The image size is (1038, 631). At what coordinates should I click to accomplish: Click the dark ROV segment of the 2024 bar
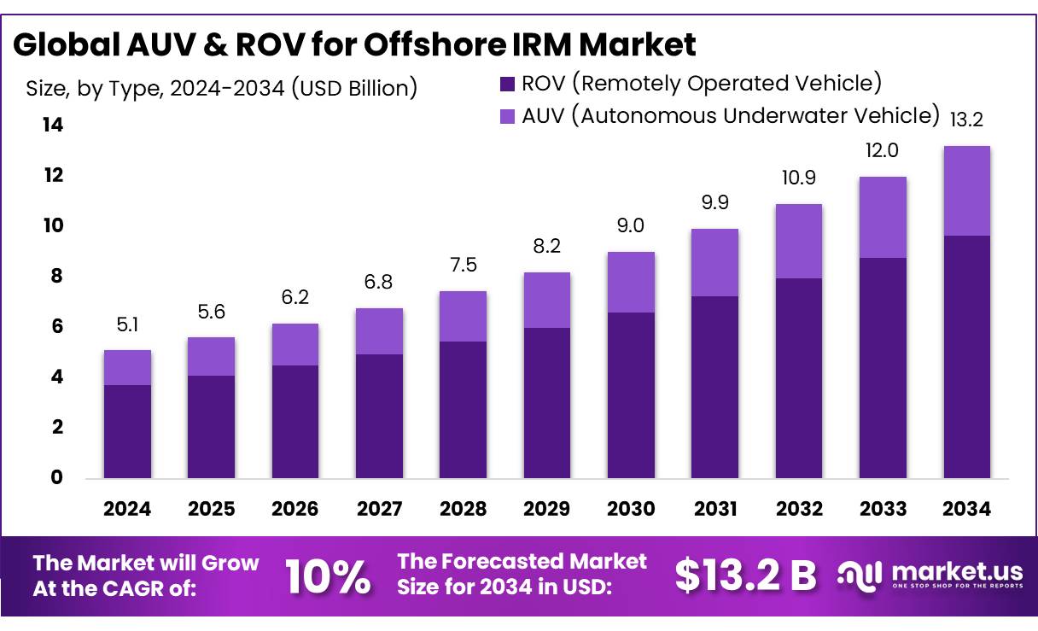(x=127, y=431)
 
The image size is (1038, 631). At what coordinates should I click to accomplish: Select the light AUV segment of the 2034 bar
(x=966, y=191)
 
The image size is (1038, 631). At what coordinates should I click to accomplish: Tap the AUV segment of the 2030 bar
(x=631, y=282)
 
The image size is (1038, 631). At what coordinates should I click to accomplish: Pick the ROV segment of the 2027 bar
(x=379, y=416)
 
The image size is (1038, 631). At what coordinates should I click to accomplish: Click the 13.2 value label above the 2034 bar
(x=966, y=120)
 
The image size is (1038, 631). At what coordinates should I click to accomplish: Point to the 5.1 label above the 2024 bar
(x=127, y=324)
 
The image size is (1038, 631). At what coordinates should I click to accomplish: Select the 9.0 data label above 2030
(x=631, y=226)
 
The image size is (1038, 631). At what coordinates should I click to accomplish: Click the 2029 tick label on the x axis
(x=547, y=509)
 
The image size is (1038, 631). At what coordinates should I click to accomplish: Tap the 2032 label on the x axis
(x=799, y=509)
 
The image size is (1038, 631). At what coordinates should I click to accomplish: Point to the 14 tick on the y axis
(x=53, y=126)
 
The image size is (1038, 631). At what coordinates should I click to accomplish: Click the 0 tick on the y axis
(x=57, y=477)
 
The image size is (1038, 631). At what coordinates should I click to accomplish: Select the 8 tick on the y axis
(x=57, y=277)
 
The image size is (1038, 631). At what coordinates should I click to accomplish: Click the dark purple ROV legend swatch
(x=507, y=84)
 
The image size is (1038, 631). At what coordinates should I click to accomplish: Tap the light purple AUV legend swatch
(x=507, y=115)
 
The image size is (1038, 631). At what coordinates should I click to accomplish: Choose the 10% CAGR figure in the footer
(x=328, y=576)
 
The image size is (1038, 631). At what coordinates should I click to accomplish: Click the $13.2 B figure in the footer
(x=744, y=575)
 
